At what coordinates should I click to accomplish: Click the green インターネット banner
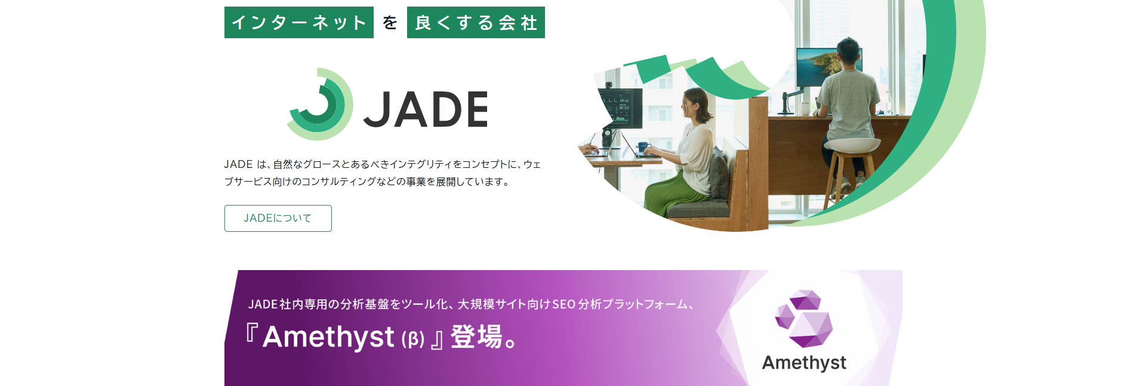click(x=298, y=23)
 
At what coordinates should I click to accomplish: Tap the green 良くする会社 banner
click(x=476, y=23)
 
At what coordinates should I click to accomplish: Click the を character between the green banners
click(x=390, y=23)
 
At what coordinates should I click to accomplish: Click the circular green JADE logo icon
click(x=320, y=105)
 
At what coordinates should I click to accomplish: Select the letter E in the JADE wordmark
click(x=476, y=109)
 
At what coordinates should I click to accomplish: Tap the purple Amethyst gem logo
click(x=803, y=318)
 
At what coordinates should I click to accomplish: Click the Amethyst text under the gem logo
click(x=804, y=363)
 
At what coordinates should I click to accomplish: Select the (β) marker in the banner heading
click(x=413, y=339)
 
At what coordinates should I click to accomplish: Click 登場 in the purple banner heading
click(x=476, y=336)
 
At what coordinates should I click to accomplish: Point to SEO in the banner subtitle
click(x=563, y=304)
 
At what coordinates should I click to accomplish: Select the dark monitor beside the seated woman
click(x=621, y=108)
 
